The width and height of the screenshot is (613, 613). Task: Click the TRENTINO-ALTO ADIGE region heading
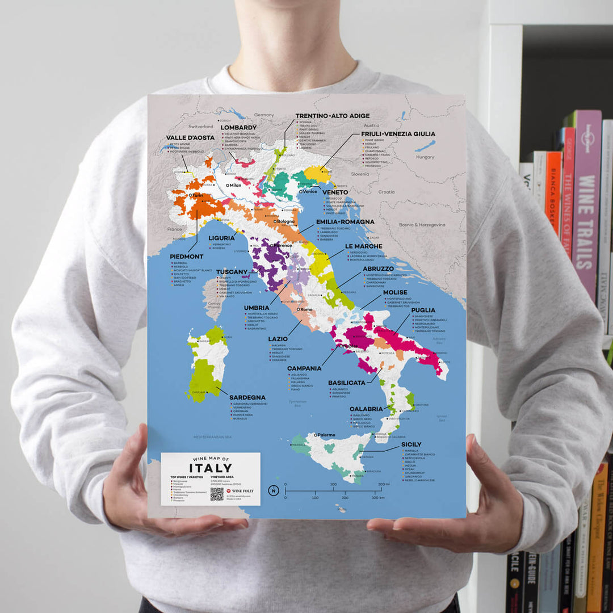coord(333,116)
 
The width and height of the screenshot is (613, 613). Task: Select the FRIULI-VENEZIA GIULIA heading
coord(398,134)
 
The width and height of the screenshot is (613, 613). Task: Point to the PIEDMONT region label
coord(186,257)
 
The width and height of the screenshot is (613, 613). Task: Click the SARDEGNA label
coord(247,397)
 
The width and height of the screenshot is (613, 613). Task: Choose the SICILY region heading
coord(411,444)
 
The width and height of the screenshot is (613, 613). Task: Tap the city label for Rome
coord(306,309)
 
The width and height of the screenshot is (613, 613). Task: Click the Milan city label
coord(235,185)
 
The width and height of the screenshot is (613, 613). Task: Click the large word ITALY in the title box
coord(211,468)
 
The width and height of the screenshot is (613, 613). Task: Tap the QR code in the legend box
coord(217,494)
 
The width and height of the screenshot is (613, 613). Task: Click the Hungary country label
coord(425,157)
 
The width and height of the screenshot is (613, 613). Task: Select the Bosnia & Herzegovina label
coord(422,225)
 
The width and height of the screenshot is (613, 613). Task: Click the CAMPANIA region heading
coord(304,368)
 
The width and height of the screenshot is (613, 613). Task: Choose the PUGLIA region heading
coord(423,310)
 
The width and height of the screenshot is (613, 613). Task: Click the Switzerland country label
coord(201,126)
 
